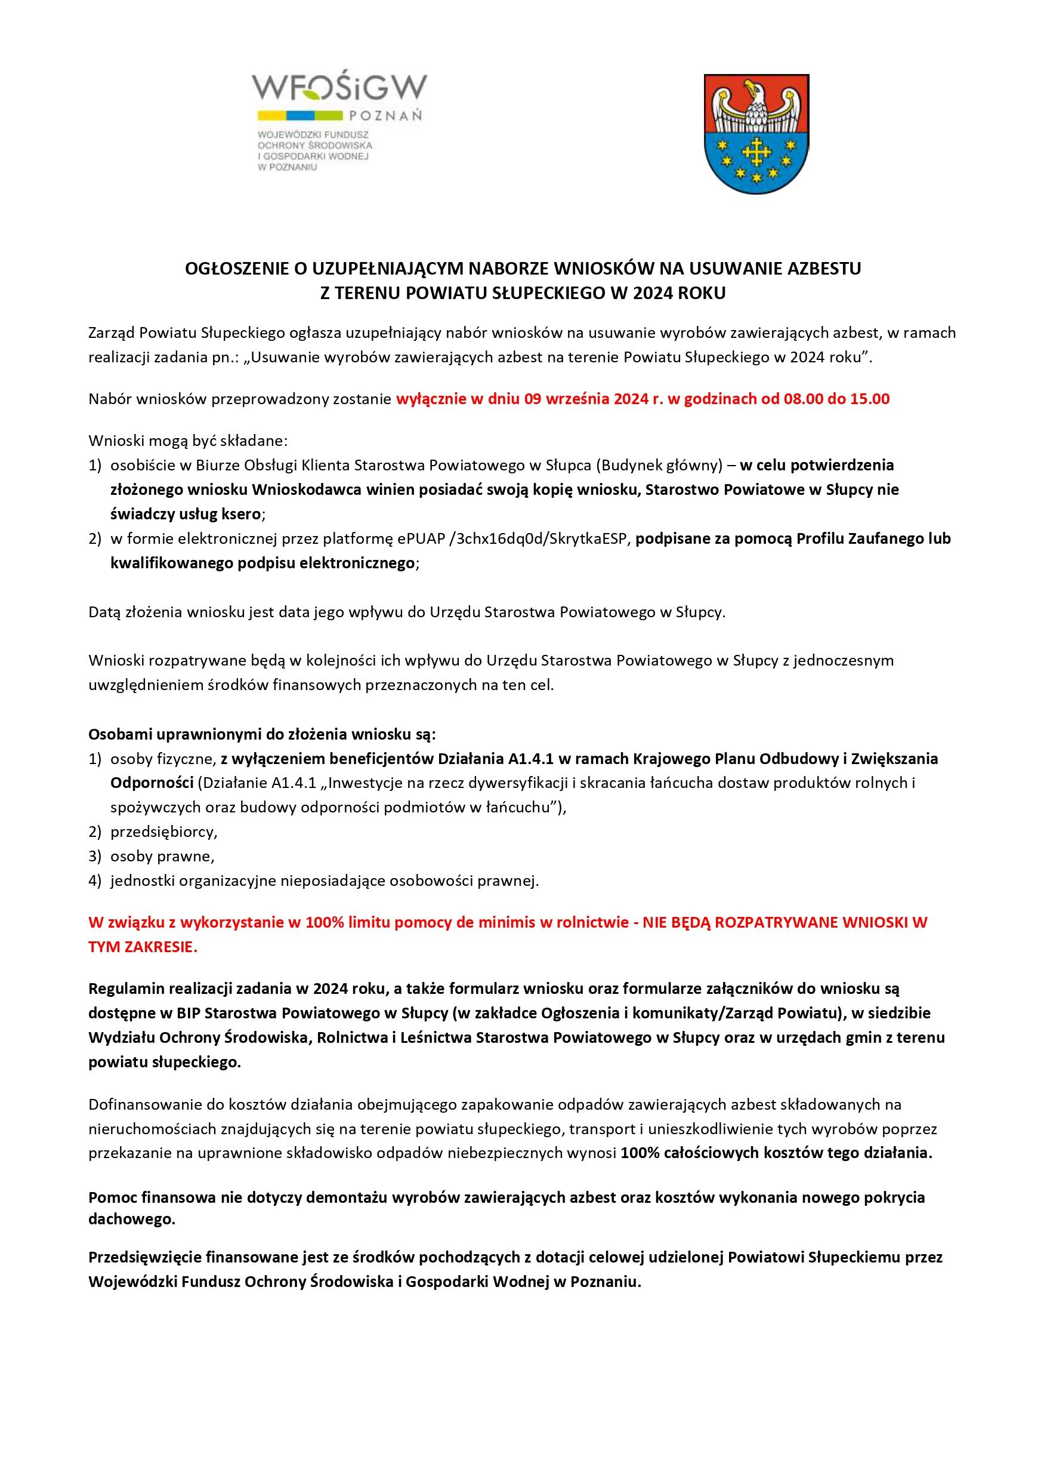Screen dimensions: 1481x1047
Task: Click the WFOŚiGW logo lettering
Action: (x=340, y=88)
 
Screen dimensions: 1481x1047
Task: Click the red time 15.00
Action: (x=870, y=399)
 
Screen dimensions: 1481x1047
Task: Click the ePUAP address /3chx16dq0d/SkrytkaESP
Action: (x=541, y=538)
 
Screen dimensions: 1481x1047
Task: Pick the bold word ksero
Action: (x=242, y=514)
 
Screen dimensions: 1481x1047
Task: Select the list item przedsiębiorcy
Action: (x=163, y=832)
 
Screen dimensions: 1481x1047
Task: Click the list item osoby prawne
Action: (x=162, y=857)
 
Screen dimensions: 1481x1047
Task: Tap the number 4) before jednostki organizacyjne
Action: (x=95, y=881)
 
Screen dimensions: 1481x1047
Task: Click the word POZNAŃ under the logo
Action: (x=385, y=116)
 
